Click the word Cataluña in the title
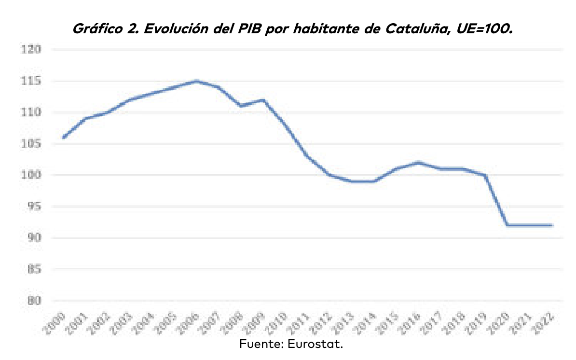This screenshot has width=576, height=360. (x=418, y=30)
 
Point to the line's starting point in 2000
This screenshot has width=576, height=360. (x=63, y=138)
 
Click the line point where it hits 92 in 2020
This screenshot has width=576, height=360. (x=507, y=225)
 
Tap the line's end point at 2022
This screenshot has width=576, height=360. (x=551, y=225)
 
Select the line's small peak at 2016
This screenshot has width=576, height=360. (x=418, y=163)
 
